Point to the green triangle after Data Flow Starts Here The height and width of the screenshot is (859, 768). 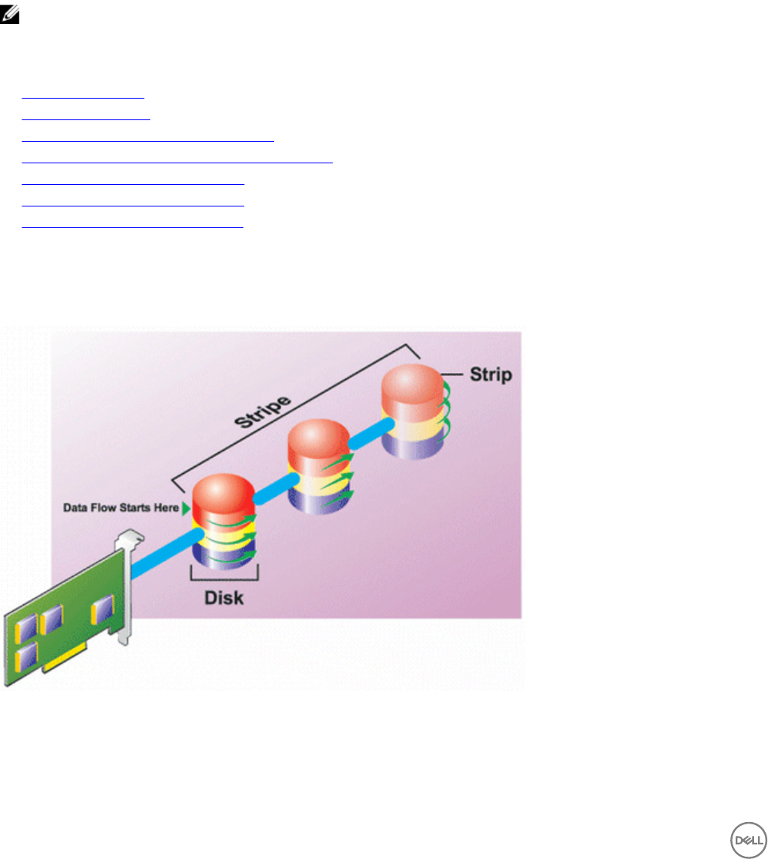(185, 507)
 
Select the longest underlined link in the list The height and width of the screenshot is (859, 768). (177, 162)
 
